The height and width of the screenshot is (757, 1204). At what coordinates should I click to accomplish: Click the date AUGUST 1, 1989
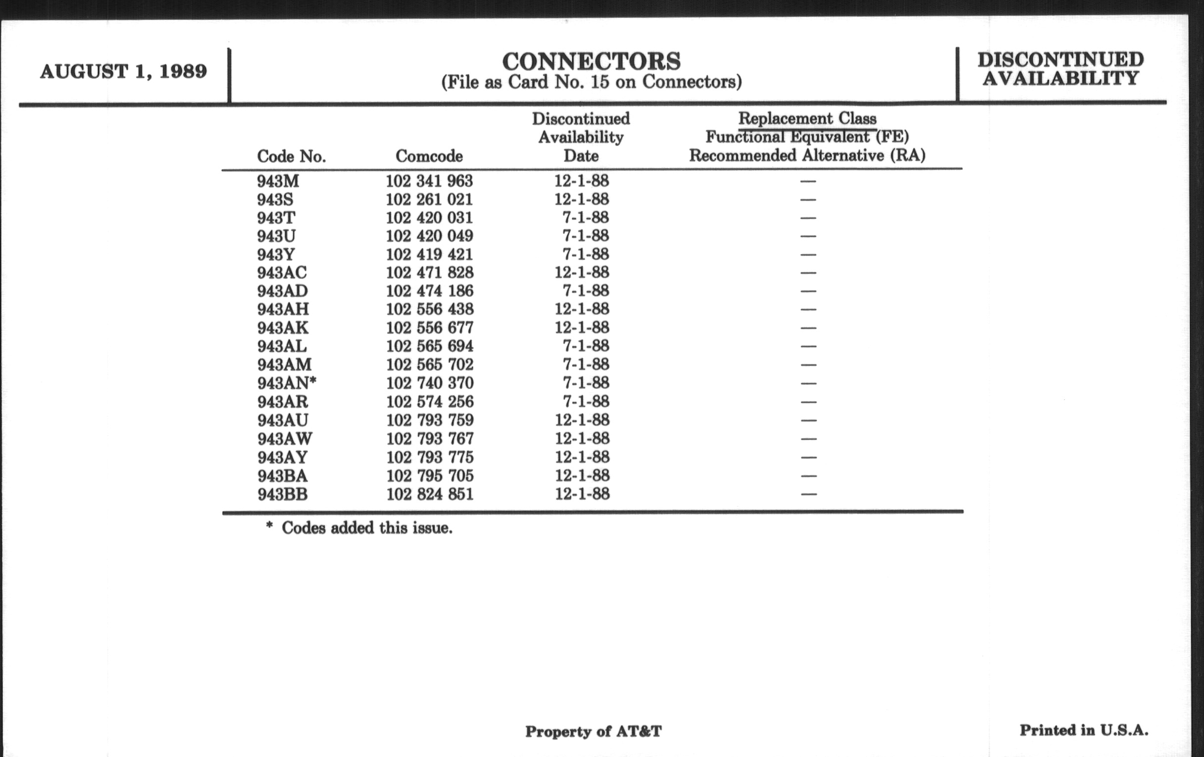tap(123, 71)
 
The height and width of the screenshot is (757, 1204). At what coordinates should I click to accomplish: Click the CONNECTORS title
tap(591, 62)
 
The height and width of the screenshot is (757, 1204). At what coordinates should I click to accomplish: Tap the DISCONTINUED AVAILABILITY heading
tap(1060, 69)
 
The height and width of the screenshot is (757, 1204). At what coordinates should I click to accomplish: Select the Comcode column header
tap(429, 156)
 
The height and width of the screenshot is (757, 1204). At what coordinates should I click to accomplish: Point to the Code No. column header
tap(291, 156)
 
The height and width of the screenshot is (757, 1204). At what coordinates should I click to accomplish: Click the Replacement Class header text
tap(807, 119)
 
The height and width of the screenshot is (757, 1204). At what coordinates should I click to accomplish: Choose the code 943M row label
tap(278, 181)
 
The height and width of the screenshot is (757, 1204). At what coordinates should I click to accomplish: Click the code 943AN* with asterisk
tap(287, 383)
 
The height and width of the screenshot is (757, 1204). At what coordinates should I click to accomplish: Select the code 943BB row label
tap(283, 494)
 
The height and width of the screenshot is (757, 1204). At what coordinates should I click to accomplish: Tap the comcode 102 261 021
tap(429, 199)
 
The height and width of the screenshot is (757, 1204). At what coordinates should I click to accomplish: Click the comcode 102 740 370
tap(430, 383)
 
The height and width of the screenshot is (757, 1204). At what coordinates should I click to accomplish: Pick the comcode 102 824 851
tap(430, 494)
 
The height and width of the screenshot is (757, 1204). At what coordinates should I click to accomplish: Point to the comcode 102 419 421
tap(429, 254)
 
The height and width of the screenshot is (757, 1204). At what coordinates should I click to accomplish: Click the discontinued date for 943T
tap(586, 218)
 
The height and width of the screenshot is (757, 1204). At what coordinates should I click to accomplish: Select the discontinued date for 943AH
tap(582, 309)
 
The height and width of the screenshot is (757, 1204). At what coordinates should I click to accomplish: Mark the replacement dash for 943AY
tap(808, 457)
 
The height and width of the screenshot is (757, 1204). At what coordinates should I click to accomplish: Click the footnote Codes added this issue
tap(366, 528)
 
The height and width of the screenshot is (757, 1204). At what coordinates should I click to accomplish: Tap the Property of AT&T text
tap(593, 731)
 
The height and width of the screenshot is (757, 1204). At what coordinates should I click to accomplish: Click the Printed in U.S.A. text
tap(1084, 730)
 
